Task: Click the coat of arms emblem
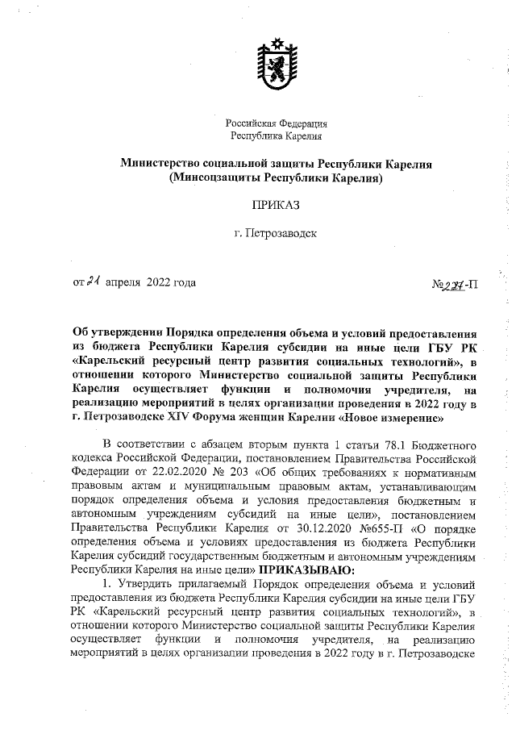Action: pyautogui.click(x=277, y=62)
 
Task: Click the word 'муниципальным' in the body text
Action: pyautogui.click(x=249, y=490)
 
